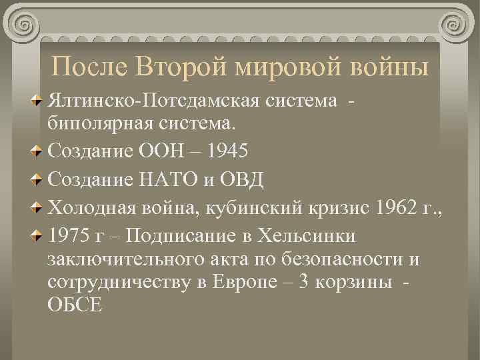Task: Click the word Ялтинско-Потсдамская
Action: click(x=154, y=101)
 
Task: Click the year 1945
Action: click(x=227, y=151)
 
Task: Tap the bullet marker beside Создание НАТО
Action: click(x=39, y=179)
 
